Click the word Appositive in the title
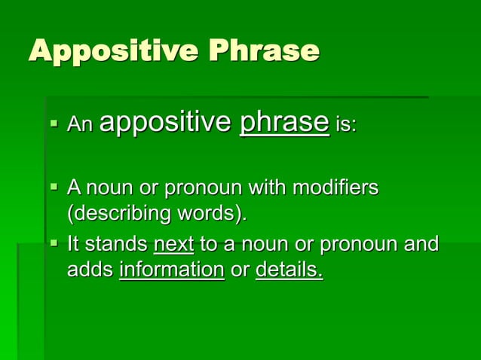click(x=112, y=51)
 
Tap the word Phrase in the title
click(x=264, y=51)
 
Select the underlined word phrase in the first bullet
click(x=283, y=124)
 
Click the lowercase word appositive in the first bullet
click(x=165, y=124)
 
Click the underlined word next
click(x=173, y=245)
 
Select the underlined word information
click(x=172, y=270)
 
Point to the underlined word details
click(x=290, y=270)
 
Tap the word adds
click(x=90, y=270)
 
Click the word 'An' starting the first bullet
click(x=80, y=125)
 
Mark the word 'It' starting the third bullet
click(x=74, y=245)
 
